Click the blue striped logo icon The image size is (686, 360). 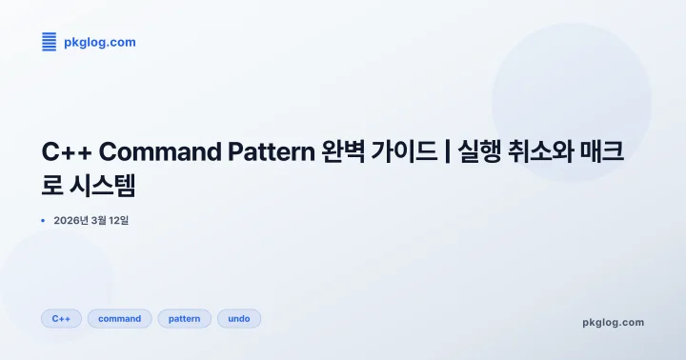pos(50,41)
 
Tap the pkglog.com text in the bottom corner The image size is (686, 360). pos(613,322)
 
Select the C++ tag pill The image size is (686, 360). pos(61,319)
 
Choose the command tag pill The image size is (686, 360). pos(119,319)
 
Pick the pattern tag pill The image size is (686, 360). pos(184,319)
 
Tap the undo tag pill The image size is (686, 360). pos(239,319)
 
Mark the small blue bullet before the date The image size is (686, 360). pos(43,221)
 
